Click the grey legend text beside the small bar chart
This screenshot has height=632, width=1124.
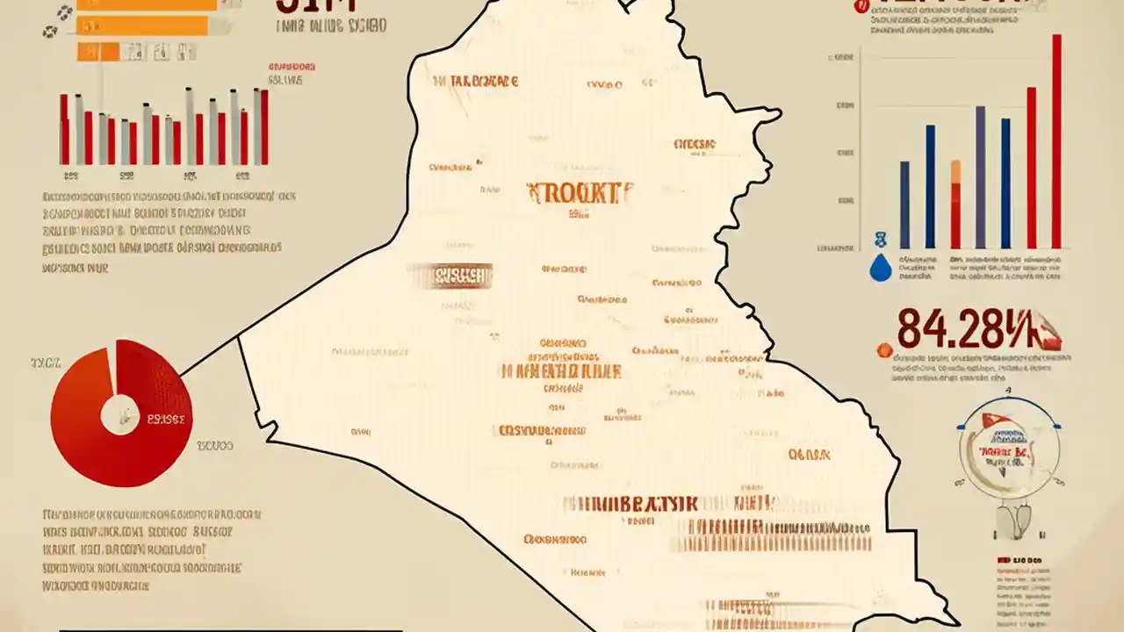click(285, 80)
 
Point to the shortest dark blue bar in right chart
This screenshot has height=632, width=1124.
click(904, 204)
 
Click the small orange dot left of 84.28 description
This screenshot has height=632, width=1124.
click(885, 348)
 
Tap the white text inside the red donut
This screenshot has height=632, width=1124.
click(166, 420)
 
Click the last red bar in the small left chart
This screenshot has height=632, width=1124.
click(264, 127)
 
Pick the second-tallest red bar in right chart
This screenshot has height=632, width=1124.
click(1032, 167)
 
